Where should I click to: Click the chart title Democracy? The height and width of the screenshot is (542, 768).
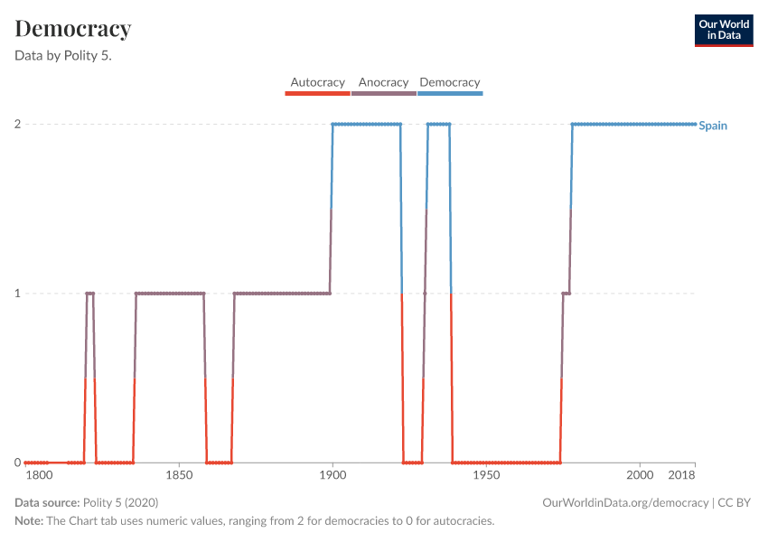[73, 29]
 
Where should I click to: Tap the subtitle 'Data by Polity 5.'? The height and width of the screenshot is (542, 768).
[70, 55]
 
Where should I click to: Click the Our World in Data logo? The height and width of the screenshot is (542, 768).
[724, 30]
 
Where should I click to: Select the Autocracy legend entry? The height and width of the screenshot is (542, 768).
[317, 83]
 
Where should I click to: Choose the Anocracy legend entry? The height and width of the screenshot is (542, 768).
[383, 83]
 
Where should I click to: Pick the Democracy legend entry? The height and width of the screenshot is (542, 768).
[450, 83]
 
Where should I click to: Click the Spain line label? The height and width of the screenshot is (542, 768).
[713, 126]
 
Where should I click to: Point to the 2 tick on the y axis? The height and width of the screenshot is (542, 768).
[18, 124]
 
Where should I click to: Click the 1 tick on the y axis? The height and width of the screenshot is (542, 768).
[18, 294]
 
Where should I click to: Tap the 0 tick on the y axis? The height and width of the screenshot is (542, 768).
[18, 463]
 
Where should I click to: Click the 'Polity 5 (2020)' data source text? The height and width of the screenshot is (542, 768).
[120, 502]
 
